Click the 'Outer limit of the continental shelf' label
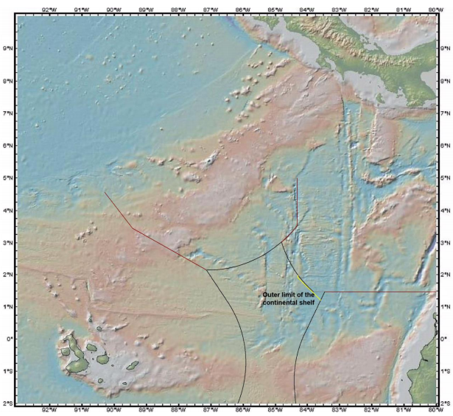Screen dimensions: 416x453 289,298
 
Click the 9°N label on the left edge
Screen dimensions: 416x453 8,48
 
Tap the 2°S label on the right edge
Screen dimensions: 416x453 444,403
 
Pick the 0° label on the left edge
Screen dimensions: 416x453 9,339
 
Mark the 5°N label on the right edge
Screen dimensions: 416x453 444,177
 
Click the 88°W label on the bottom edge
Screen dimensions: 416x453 178,409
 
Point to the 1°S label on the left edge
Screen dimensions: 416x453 8,371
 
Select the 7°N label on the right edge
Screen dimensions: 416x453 444,113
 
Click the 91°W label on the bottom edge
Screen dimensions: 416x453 81,409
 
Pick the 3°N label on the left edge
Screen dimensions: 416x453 8,242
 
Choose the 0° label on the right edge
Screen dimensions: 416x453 444,339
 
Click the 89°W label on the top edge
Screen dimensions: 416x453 145,9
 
